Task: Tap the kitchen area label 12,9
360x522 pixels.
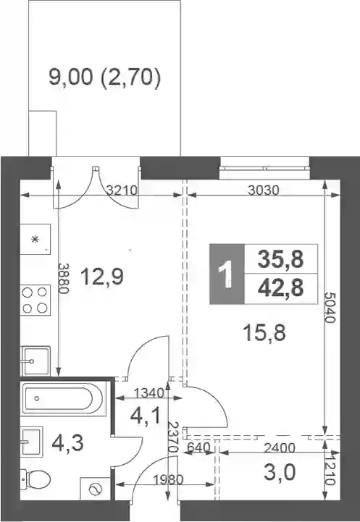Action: click(102, 277)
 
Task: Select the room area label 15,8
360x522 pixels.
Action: click(264, 333)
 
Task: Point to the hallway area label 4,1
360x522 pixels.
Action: click(145, 416)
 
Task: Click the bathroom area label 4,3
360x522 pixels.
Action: click(67, 443)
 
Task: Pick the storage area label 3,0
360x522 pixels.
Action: click(280, 473)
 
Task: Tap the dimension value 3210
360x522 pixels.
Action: click(122, 190)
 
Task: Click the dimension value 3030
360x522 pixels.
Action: click(264, 190)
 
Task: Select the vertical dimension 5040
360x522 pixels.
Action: click(330, 308)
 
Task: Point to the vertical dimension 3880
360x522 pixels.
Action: click(63, 278)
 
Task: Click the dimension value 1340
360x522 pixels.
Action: click(149, 394)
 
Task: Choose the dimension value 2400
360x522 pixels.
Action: click(280, 448)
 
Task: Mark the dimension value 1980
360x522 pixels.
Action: click(168, 480)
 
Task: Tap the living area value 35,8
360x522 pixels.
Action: click(280, 259)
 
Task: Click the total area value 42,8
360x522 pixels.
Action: click(280, 288)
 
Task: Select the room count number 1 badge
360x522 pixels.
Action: click(227, 274)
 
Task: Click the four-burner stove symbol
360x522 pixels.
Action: click(35, 300)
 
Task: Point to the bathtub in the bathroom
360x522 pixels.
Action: click(63, 398)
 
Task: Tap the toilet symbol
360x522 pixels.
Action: click(35, 479)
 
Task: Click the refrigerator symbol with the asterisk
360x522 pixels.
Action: click(35, 239)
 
